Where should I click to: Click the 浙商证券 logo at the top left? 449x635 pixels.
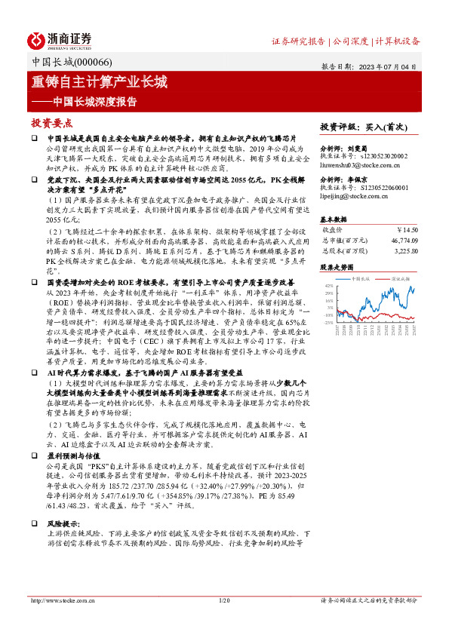[60, 40]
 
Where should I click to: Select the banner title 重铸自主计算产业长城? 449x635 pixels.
[99, 82]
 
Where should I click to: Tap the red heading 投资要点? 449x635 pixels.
[52, 123]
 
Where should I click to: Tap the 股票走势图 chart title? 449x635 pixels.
[337, 267]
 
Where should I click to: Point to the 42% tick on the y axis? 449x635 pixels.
[329, 286]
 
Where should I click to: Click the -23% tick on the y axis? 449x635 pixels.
[328, 322]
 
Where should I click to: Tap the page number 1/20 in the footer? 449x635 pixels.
[223, 600]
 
